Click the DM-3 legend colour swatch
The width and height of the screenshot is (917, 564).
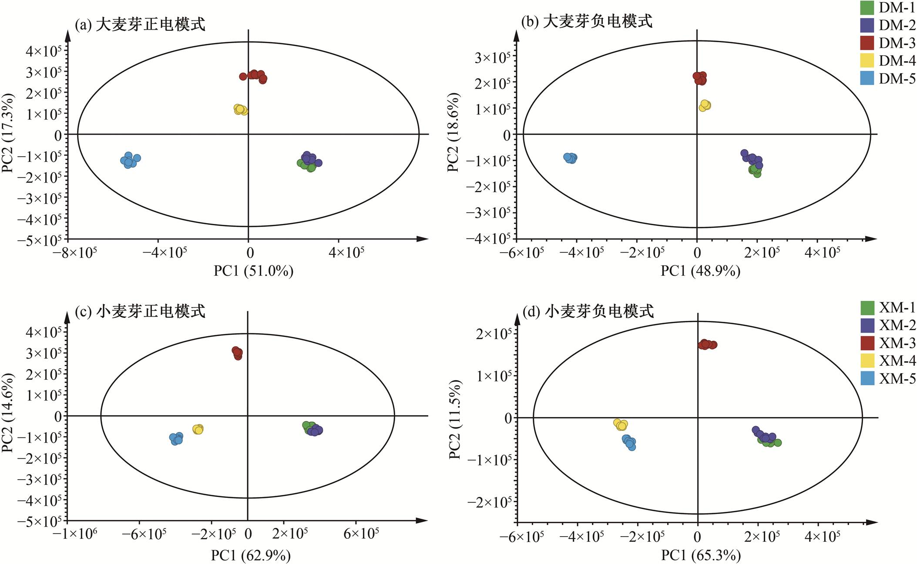[x=867, y=43]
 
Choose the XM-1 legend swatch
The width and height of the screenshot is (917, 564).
[x=867, y=308]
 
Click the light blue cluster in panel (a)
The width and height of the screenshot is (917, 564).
[x=130, y=160]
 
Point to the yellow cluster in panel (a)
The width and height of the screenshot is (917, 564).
[x=240, y=109]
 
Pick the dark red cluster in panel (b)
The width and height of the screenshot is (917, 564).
[x=700, y=78]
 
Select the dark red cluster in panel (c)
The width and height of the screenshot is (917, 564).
[x=237, y=353]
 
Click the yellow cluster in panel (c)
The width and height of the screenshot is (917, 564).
[x=198, y=429]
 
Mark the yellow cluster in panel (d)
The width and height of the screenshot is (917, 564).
[x=621, y=424]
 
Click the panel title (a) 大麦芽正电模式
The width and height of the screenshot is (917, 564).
[x=140, y=24]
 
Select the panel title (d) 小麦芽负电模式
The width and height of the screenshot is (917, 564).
[x=588, y=311]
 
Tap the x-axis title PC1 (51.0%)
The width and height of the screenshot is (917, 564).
[x=253, y=271]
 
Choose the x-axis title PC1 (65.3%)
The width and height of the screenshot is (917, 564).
[x=701, y=555]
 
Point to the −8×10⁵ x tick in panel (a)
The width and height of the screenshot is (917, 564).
[x=75, y=253]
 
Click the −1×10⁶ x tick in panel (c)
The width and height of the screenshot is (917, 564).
[x=75, y=534]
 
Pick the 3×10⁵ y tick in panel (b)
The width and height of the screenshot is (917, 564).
[x=492, y=57]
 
